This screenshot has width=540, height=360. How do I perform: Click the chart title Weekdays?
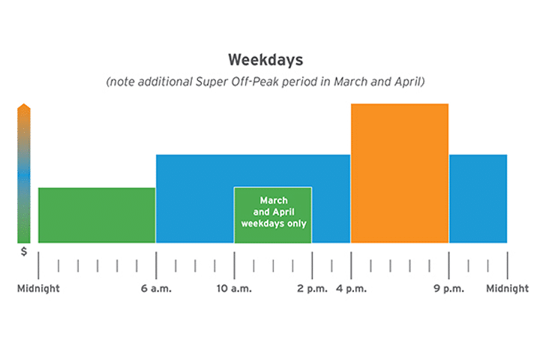click(x=265, y=60)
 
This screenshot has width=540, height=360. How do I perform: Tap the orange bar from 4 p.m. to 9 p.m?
click(x=400, y=173)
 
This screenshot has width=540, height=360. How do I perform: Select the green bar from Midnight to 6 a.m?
click(x=97, y=215)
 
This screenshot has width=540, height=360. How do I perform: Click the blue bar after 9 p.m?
click(x=478, y=199)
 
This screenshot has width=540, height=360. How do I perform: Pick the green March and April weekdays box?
click(x=273, y=215)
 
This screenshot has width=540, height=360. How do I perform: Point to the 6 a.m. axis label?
click(x=156, y=288)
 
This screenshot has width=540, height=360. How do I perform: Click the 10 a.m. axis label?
click(x=234, y=288)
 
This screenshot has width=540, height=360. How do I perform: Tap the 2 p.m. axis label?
click(x=312, y=288)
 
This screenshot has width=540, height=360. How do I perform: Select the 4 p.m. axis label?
click(x=351, y=288)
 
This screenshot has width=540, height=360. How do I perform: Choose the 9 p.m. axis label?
click(x=448, y=288)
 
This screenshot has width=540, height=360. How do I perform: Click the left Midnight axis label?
click(x=38, y=288)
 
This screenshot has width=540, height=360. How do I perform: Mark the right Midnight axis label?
click(x=507, y=288)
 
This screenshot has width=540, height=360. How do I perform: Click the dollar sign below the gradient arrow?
click(x=24, y=251)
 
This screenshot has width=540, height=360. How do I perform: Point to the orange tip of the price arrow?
click(x=24, y=103)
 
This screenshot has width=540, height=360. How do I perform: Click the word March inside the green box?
click(x=274, y=200)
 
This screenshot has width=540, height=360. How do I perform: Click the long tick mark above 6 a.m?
click(x=156, y=265)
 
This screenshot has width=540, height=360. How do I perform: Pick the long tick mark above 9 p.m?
click(x=448, y=265)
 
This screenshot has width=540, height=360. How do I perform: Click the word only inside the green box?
click(x=297, y=224)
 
